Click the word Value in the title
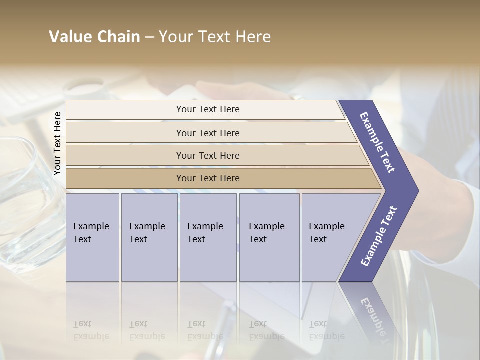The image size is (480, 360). (70, 37)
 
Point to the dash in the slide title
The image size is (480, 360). (149, 37)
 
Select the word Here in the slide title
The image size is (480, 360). (253, 37)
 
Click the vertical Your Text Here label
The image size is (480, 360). (57, 143)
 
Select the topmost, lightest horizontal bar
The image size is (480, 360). (205, 109)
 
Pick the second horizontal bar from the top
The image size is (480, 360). (210, 133)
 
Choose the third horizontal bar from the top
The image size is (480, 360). (215, 155)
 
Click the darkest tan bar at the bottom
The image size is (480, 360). (220, 178)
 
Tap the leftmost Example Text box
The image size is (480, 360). (92, 237)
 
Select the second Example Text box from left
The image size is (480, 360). (149, 237)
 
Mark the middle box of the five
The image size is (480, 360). (208, 237)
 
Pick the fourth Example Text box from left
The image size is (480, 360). (269, 237)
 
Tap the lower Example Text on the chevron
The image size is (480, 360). (378, 236)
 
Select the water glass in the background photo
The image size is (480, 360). (25, 200)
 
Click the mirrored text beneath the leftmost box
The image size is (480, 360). (91, 330)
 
